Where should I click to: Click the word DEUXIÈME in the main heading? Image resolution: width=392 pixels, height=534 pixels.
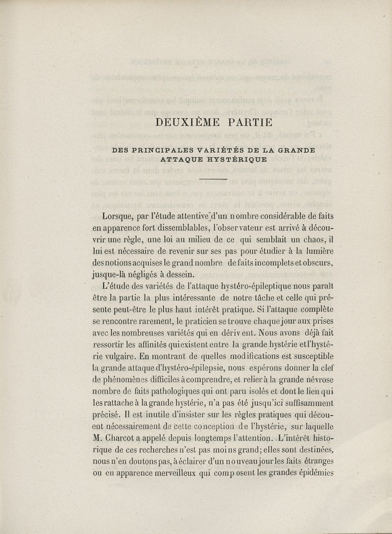(183, 123)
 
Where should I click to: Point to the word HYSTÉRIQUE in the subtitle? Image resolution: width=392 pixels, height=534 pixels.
(236, 159)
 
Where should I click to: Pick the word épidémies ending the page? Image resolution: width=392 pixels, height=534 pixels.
(313, 473)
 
